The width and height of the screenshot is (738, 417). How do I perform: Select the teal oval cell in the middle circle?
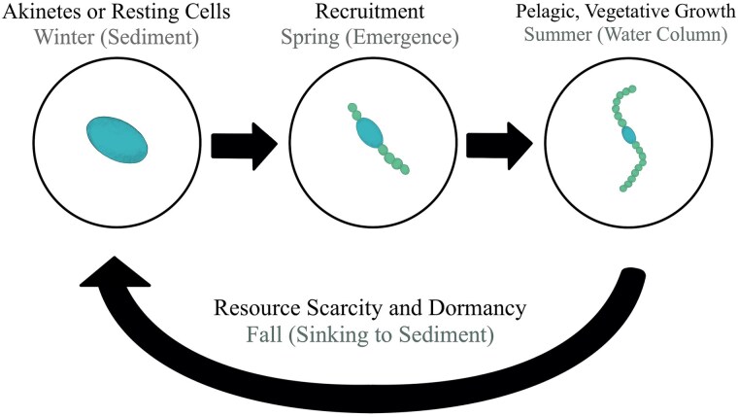tap(369, 132)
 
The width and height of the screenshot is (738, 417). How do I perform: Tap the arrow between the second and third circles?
tap(498, 142)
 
